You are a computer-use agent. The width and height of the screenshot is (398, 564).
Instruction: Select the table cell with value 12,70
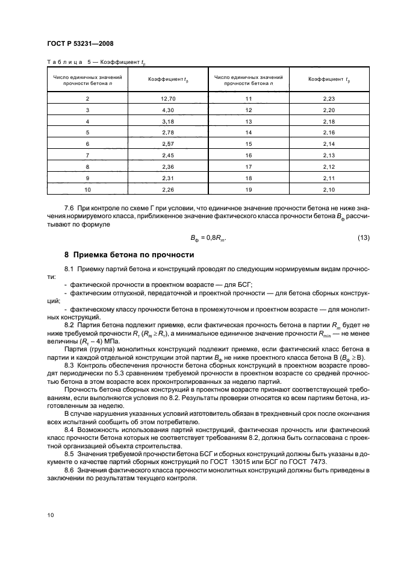click(167, 98)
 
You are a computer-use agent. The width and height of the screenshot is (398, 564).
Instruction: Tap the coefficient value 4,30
click(167, 110)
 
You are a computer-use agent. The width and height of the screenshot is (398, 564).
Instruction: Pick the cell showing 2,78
click(167, 133)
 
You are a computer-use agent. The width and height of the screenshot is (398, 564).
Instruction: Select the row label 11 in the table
click(247, 98)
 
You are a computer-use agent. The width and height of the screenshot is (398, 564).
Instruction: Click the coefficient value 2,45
click(167, 155)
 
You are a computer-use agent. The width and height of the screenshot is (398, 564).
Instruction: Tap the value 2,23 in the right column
click(328, 98)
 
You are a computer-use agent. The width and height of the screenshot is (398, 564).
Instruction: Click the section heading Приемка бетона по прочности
click(129, 255)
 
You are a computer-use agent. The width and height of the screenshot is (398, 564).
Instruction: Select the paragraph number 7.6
click(70, 207)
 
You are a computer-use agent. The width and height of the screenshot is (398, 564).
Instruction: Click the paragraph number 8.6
click(70, 469)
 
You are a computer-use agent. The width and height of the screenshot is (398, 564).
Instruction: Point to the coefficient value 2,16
click(328, 133)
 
